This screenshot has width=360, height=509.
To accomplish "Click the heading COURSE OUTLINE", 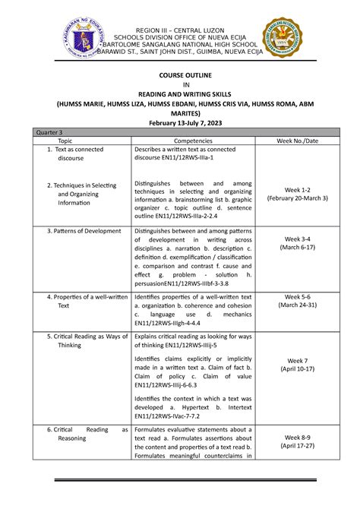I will coord(181,77).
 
